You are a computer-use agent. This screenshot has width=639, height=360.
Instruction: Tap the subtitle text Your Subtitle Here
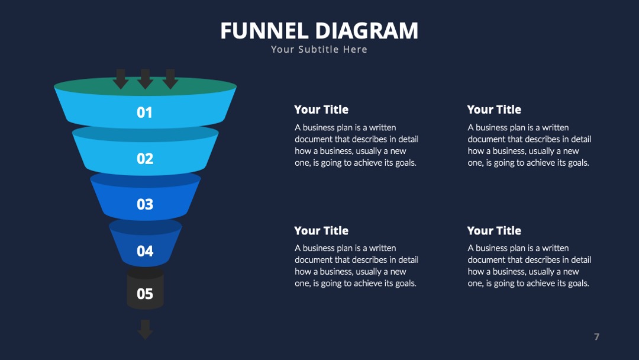tap(319, 49)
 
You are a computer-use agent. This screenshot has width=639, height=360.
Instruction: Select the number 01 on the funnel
tap(145, 112)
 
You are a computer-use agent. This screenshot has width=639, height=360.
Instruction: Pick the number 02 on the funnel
tap(145, 158)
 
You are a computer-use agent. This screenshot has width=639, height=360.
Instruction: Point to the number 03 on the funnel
tap(145, 204)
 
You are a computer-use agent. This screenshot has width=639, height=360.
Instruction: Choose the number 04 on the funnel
tap(145, 250)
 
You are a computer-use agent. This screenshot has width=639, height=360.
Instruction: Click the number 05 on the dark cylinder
tap(145, 294)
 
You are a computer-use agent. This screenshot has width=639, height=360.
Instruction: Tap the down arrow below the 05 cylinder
tap(145, 329)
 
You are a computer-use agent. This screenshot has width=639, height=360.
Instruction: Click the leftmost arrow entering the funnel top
tap(121, 79)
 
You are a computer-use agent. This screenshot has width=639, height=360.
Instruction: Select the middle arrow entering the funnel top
tap(145, 79)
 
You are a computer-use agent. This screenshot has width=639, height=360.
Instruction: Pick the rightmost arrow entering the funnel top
tap(170, 79)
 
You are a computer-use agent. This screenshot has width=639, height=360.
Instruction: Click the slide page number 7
tap(596, 336)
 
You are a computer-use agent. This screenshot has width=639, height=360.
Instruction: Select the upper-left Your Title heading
tap(321, 110)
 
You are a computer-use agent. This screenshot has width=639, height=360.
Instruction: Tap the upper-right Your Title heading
tap(494, 110)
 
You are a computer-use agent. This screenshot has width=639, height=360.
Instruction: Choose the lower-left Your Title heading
tap(321, 230)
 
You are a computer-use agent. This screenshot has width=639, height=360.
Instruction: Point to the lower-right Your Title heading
tap(494, 230)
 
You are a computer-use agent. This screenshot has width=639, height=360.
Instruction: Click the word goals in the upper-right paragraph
tap(578, 163)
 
